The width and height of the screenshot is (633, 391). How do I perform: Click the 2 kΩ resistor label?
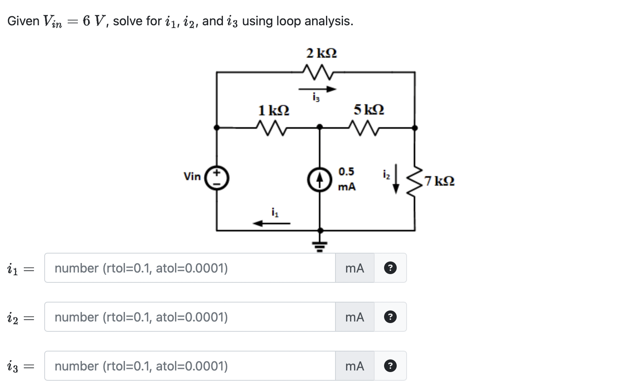pos(322,53)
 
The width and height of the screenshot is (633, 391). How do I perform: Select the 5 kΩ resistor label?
pos(369,109)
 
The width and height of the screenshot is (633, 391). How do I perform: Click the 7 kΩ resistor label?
pos(439,181)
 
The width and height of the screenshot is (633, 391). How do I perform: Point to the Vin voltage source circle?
pos(217,179)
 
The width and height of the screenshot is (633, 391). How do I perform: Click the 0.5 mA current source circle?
pos(319,179)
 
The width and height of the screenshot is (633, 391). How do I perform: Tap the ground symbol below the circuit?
pos(320,246)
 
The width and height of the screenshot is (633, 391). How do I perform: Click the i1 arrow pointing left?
pos(271,224)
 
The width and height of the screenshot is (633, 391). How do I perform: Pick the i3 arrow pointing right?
pos(317,89)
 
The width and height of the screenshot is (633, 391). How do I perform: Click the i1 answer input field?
pos(190,268)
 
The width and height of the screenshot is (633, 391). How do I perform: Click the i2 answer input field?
pos(190,317)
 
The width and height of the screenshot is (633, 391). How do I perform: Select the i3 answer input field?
pos(190,366)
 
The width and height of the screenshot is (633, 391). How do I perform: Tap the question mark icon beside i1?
pos(390,268)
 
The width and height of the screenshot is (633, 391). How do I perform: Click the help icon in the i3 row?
pos(390,366)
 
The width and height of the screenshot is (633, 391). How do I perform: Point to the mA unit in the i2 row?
pos(354,317)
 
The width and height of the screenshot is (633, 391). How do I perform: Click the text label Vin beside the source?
pos(192,177)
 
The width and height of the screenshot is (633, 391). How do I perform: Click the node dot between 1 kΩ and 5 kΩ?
pos(320,127)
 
